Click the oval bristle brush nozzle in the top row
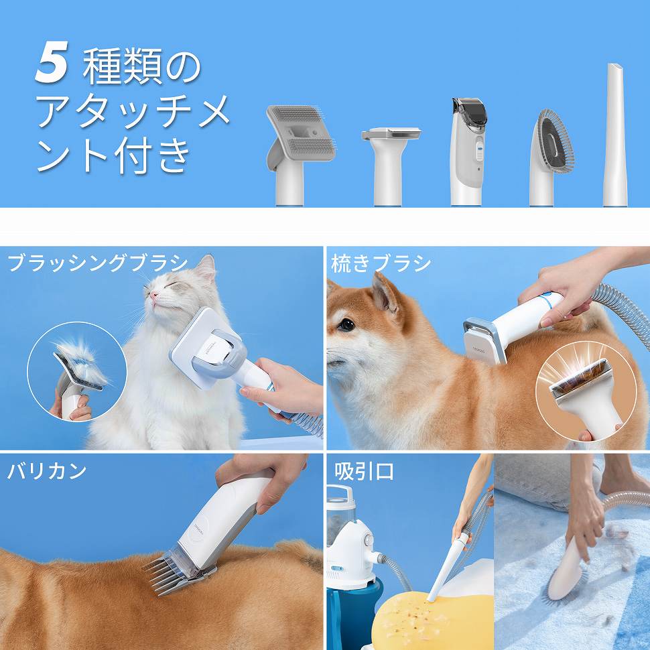tap(551, 144)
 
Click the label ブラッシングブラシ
tap(98, 263)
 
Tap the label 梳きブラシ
tap(381, 263)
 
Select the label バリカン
tap(47, 471)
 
